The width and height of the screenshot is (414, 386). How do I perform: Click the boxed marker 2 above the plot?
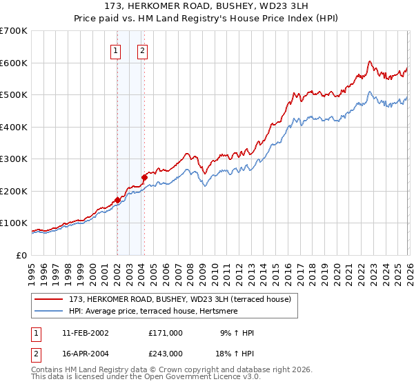click(x=142, y=50)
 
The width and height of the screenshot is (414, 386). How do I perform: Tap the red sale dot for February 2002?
click(x=117, y=200)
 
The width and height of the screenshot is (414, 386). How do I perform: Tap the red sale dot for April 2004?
click(x=144, y=177)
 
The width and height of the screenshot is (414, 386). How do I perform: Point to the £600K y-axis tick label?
click(x=13, y=63)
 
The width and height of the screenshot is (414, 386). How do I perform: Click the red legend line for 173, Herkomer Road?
click(x=50, y=299)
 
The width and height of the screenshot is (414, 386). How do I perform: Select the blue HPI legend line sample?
click(x=50, y=311)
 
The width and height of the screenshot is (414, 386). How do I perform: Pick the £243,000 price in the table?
click(x=165, y=353)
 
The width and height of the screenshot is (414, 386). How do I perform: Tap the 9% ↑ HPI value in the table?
click(x=238, y=333)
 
